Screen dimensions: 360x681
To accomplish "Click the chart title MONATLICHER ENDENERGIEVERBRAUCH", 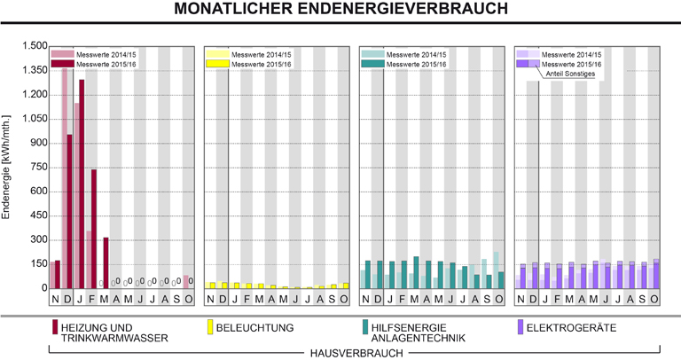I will coord(341,10).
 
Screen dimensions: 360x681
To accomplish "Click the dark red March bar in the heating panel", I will coord(106,262).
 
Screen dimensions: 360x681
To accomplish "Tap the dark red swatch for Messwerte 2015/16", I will coord(63,64).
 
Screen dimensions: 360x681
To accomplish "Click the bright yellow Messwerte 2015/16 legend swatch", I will coord(216,64).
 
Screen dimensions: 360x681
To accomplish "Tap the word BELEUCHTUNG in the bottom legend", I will coord(256,328).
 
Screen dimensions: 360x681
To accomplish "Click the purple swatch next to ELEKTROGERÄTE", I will coord(520,328).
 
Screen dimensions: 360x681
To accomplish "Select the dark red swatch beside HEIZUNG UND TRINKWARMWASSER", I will coord(55,333).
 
